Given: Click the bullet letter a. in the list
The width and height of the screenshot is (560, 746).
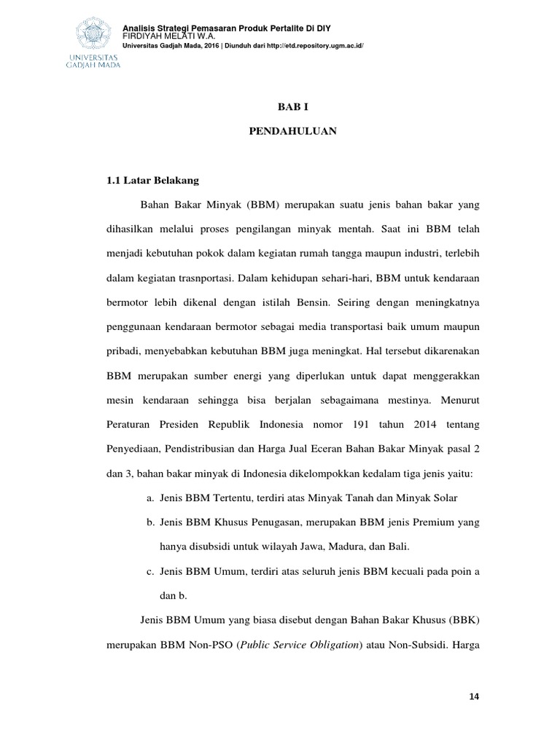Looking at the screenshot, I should point(149,498).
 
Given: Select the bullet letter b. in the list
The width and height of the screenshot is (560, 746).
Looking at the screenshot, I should point(149,522).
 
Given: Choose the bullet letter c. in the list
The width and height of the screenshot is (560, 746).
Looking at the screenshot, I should point(149,572).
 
